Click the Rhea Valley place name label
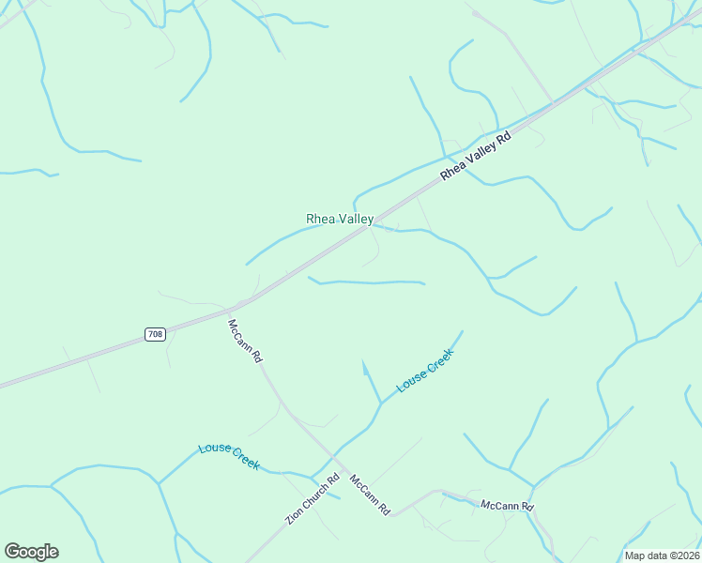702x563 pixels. pos(340,219)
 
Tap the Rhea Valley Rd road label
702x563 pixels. pos(476,155)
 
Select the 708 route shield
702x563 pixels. pos(156,334)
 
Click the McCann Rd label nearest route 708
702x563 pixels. pos(245,342)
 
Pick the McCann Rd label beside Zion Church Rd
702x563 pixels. pos(370,495)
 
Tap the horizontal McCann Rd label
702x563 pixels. pos(507,507)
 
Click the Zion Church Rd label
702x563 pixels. pos(313,499)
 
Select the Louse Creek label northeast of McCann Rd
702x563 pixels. pos(425,370)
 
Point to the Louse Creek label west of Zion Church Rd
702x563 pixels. pos(229,456)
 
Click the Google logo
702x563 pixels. pos(32,552)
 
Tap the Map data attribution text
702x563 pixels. pos(662,555)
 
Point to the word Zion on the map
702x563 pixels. pos(294,518)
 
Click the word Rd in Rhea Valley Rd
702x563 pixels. pos(503,137)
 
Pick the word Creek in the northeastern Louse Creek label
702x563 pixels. pos(439,358)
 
